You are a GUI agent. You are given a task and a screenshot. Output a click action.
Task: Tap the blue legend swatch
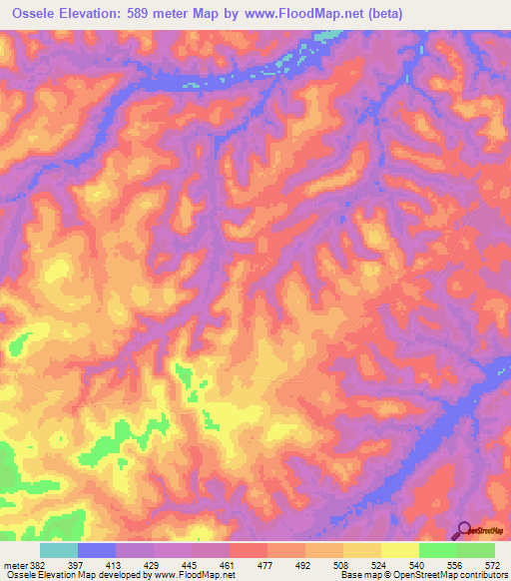pos(97,549)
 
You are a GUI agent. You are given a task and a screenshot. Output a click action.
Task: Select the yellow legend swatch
pos(400,549)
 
